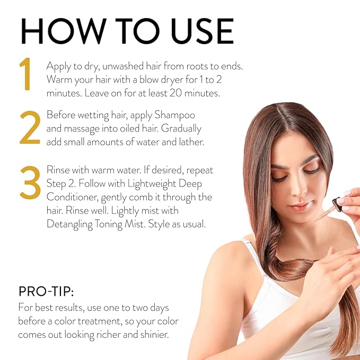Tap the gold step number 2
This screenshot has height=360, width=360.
[30, 128]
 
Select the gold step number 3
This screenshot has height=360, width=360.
[30, 183]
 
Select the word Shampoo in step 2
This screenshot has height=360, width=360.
[174, 115]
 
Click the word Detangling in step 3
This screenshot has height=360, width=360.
[72, 224]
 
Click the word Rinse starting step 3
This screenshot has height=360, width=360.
[60, 170]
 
